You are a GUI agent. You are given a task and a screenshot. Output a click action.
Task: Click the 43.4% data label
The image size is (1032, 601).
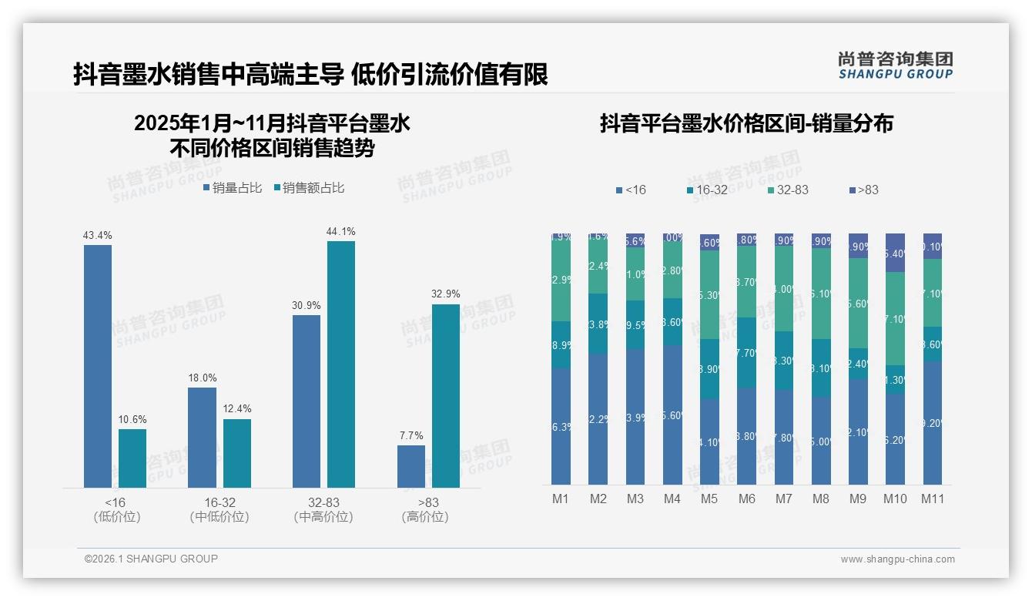[98, 235]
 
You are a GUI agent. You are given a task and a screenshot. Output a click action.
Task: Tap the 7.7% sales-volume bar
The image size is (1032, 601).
[411, 466]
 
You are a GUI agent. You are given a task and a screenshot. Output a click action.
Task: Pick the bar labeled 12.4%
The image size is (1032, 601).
[237, 453]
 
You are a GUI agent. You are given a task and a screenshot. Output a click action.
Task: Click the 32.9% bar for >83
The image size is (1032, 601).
[445, 395]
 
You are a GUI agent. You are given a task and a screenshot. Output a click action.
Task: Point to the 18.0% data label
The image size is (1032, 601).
[203, 378]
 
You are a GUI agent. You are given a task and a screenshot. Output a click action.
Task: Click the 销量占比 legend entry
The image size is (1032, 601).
[233, 188]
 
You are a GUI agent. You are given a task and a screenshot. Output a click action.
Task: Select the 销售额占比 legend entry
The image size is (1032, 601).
[310, 188]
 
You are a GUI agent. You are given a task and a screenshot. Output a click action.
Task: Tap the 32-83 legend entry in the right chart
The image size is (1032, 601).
[788, 190]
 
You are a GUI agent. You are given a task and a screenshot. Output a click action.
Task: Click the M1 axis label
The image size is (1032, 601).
[561, 499]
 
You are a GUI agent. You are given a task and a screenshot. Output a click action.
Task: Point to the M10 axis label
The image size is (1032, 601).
[895, 499]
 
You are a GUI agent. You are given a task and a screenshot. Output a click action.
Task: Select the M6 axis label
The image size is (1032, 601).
[746, 499]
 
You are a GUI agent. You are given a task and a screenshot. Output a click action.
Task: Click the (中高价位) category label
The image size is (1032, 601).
[323, 517]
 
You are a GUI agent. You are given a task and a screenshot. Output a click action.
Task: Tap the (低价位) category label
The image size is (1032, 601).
[117, 517]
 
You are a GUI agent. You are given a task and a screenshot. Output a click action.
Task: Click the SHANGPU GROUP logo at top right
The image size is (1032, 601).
[895, 65]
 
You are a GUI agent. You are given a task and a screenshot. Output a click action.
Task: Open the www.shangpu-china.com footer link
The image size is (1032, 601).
[897, 559]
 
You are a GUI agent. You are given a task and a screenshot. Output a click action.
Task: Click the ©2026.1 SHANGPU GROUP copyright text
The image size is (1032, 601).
[151, 559]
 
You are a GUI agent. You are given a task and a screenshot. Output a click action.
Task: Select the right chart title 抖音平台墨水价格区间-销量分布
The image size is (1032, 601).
[746, 124]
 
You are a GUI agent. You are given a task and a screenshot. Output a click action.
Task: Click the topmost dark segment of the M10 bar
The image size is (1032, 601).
[895, 252]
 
